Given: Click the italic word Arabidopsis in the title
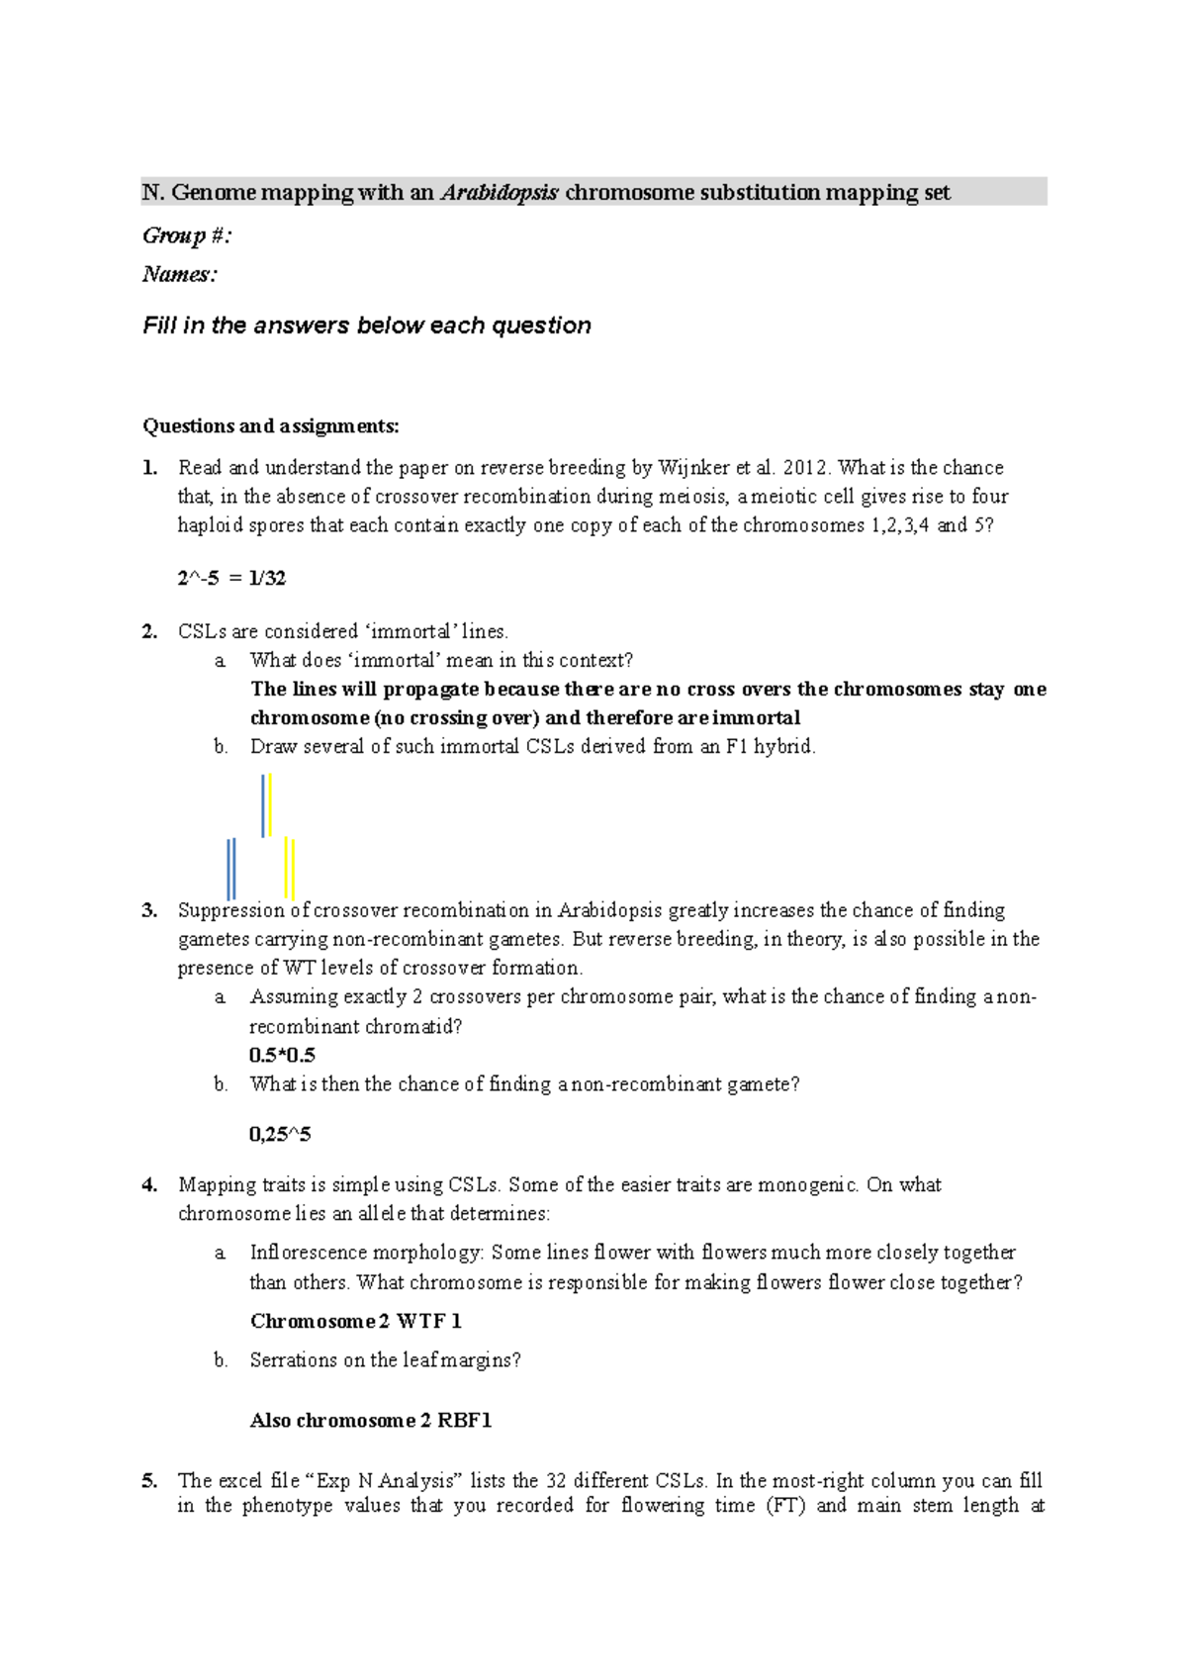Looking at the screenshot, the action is coord(500,192).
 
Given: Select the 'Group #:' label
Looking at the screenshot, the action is coord(187,235).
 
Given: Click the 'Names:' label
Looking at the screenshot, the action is coord(179,274).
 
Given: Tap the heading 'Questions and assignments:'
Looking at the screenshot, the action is coord(270,425).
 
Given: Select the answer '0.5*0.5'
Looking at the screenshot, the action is coord(282,1055).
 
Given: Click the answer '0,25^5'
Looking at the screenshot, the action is coord(280,1134).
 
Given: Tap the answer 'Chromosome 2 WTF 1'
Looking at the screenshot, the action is coord(355,1321).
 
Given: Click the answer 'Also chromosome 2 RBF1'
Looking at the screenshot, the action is coord(370,1420).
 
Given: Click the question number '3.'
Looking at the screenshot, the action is coord(149,910).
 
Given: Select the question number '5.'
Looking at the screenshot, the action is coord(149,1480).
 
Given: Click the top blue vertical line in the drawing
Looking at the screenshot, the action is coord(263,805).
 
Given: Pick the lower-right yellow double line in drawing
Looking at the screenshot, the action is coord(290,868).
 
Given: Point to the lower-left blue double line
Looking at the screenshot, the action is coord(230,868).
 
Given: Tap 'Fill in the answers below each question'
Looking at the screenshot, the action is coord(367,326).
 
